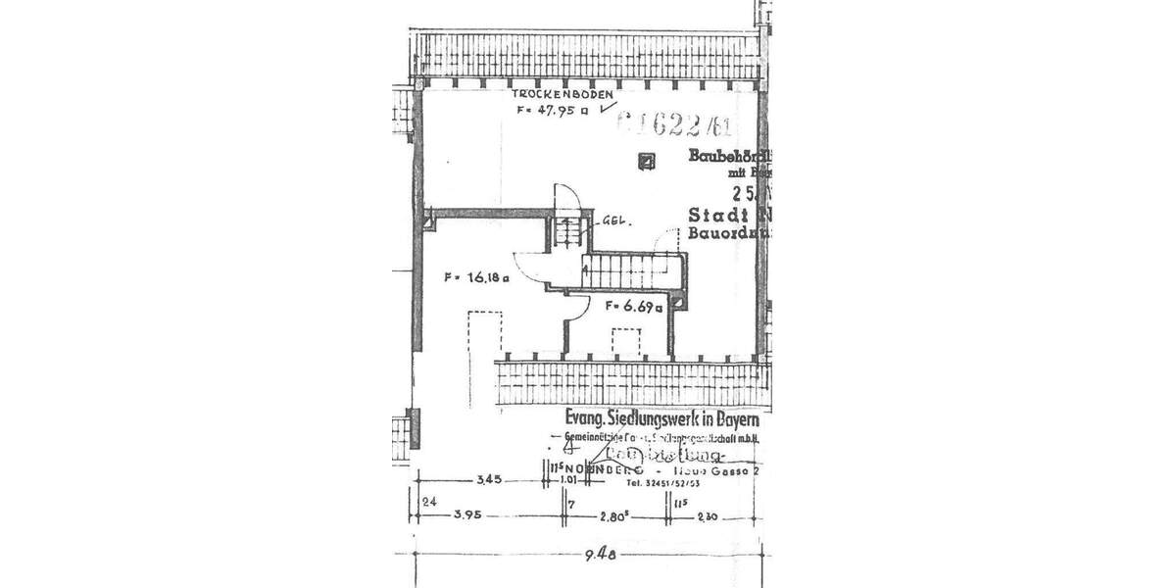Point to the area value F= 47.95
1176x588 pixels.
(553, 112)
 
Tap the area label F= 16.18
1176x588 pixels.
(477, 277)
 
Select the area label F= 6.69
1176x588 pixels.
(635, 307)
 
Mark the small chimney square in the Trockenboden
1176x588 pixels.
(644, 163)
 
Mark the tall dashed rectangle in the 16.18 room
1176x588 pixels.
(484, 334)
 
